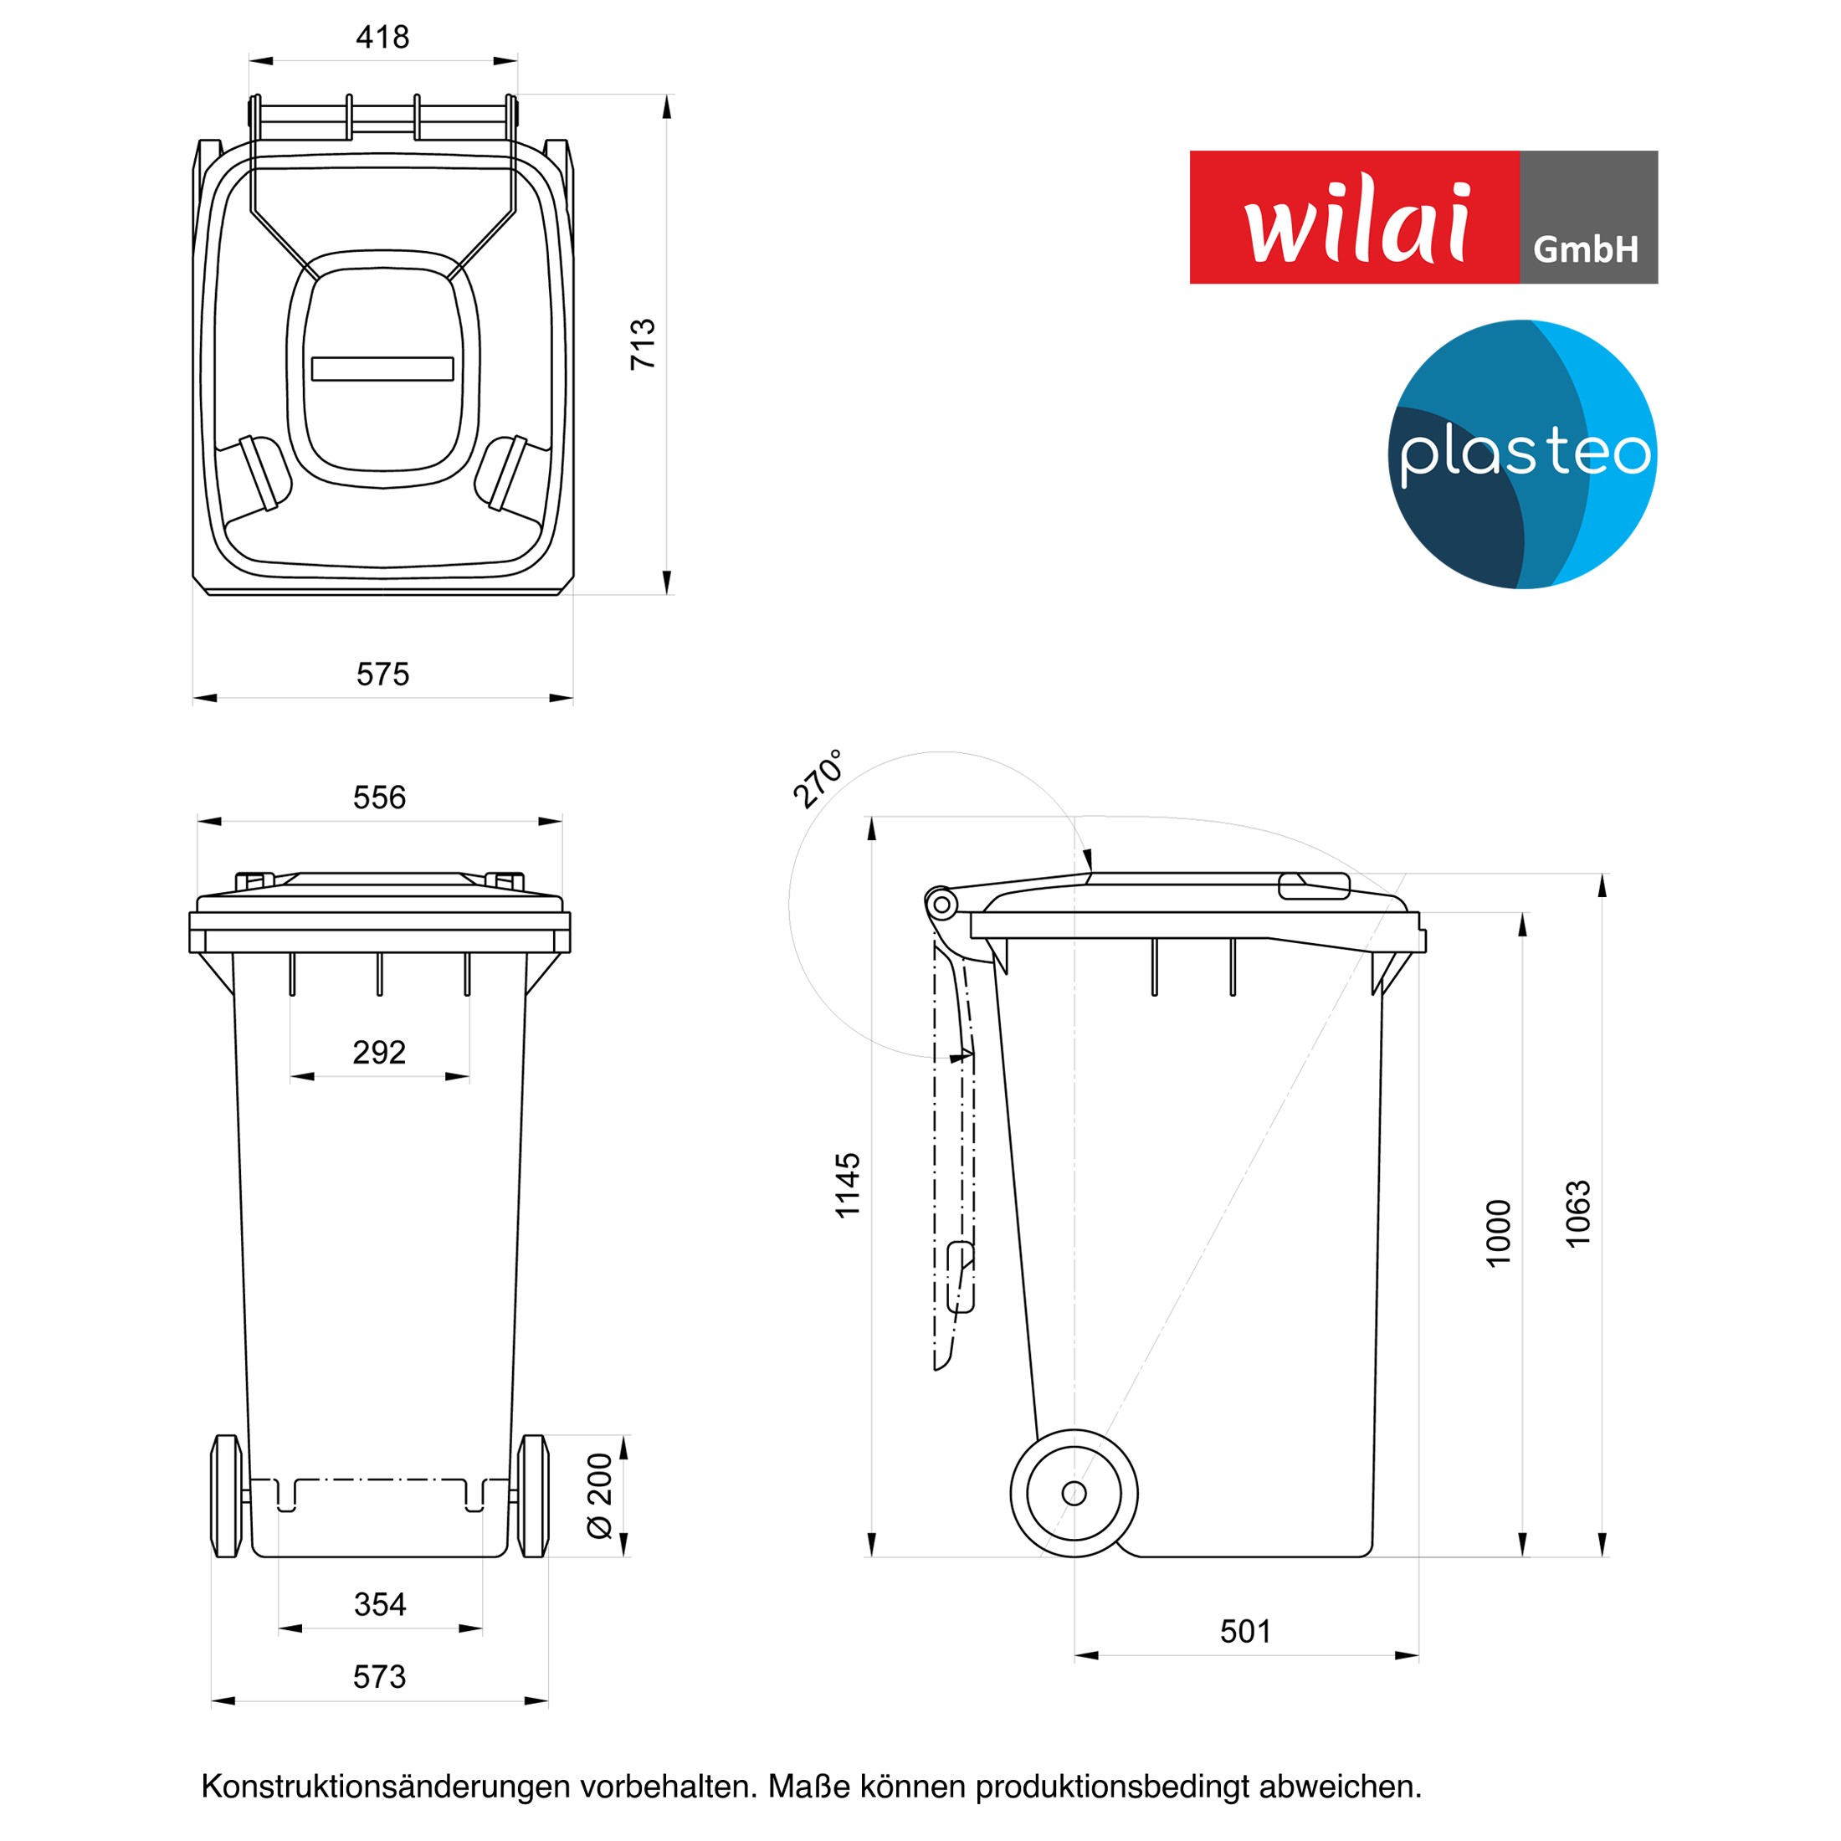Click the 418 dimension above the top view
[382, 37]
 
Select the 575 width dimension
[382, 674]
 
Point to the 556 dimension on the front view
[379, 797]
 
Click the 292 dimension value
[379, 1052]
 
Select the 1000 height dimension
[1498, 1233]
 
